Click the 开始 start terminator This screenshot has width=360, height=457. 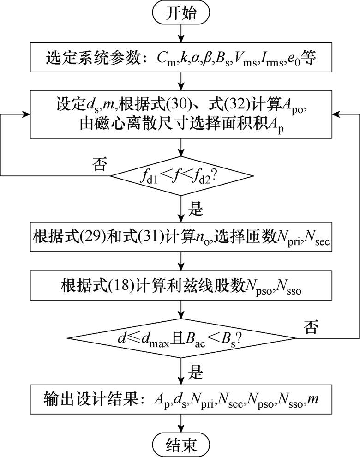point(181,14)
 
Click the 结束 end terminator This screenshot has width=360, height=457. point(181,444)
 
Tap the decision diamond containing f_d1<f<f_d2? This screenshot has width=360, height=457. point(181,176)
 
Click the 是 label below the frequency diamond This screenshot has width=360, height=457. point(196,209)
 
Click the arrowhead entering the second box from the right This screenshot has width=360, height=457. point(336,114)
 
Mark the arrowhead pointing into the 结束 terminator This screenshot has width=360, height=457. point(181,430)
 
